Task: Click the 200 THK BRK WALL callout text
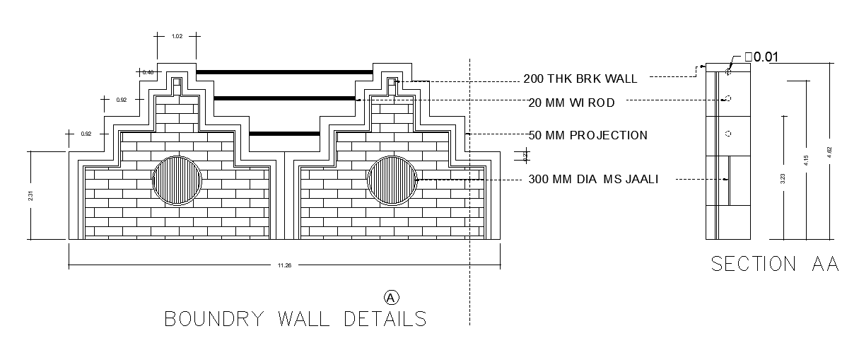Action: coord(580,79)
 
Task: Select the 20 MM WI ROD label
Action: coord(571,103)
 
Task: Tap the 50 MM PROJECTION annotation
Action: coord(588,135)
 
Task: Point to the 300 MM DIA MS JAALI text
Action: coord(593,180)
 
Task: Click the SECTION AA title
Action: coord(774,264)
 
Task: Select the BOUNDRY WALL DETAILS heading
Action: coord(296,318)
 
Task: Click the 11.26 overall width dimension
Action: coord(284,265)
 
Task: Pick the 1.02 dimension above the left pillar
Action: coord(177,35)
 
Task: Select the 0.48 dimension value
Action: coord(148,72)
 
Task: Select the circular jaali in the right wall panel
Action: coord(392,180)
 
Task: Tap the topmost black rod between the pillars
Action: coord(284,71)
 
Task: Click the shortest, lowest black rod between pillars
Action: coord(284,134)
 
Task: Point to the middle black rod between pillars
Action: coord(284,98)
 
